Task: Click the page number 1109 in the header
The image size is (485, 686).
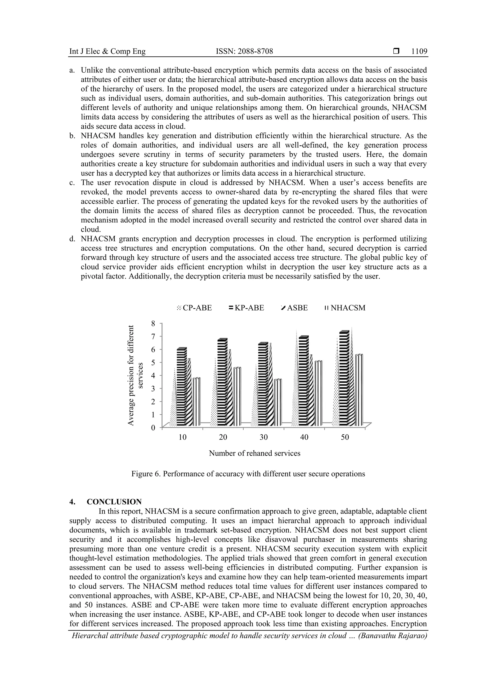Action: (419, 51)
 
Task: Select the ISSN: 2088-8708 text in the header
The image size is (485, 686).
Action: (244, 51)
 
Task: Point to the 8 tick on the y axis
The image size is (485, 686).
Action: (154, 323)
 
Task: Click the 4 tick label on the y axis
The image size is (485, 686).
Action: (154, 375)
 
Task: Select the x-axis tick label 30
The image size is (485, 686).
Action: (264, 437)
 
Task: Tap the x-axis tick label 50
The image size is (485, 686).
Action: (345, 437)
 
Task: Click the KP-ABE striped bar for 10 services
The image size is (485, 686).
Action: (181, 387)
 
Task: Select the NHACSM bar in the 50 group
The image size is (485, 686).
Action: (359, 390)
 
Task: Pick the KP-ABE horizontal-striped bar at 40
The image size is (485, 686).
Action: (303, 381)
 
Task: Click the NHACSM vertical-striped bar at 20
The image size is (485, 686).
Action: (237, 397)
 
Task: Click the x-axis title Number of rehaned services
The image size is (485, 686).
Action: (254, 453)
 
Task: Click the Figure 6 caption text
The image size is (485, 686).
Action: (248, 474)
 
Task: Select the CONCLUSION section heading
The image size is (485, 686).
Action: (114, 502)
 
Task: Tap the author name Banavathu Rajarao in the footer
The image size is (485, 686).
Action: (393, 636)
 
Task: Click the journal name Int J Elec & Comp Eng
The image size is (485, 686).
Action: (107, 51)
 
